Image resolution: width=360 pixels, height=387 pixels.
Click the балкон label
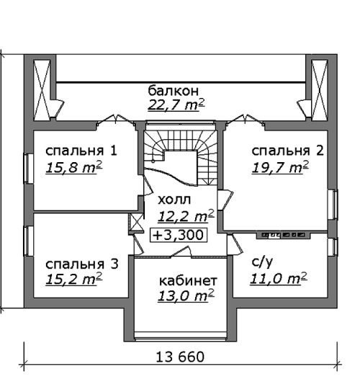(173, 91)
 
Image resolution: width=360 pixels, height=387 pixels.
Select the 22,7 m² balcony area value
(176, 105)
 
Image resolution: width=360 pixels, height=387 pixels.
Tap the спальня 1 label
(81, 151)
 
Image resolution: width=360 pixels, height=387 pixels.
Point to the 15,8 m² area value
(74, 168)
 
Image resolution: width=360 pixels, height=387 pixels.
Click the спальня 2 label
(287, 151)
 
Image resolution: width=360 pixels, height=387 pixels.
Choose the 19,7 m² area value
(280, 168)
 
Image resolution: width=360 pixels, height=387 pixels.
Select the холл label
(174, 200)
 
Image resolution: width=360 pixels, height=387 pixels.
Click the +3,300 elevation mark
(179, 235)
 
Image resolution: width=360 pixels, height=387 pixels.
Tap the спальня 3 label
(82, 264)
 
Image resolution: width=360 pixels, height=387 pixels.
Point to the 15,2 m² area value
(74, 279)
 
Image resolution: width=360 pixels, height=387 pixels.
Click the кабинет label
(188, 280)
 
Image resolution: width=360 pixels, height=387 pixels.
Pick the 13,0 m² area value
(186, 295)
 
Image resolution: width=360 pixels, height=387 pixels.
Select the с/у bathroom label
(262, 262)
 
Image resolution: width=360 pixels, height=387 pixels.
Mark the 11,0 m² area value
(279, 279)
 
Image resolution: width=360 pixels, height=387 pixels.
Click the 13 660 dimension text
(180, 357)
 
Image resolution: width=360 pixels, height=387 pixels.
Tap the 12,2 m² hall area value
(186, 216)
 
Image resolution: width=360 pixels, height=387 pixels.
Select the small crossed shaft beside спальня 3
(136, 223)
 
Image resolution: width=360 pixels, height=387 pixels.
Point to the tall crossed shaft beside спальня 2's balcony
(320, 90)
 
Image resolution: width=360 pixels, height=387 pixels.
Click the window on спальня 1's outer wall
(29, 169)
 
